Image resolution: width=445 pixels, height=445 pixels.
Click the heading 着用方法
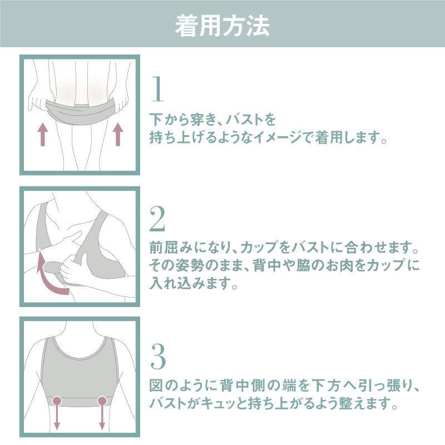(x=222, y=26)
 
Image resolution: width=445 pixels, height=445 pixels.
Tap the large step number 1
(x=158, y=88)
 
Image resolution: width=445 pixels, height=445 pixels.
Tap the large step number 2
(x=157, y=218)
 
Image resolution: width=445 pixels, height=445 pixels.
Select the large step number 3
(x=158, y=356)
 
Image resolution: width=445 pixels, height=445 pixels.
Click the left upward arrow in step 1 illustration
(x=43, y=134)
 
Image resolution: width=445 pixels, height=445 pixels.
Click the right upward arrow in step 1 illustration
(x=118, y=134)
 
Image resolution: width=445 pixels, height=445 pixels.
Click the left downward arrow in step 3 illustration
(x=57, y=418)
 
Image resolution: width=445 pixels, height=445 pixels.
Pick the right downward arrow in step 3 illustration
(x=102, y=418)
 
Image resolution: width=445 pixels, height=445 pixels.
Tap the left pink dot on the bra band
(x=57, y=400)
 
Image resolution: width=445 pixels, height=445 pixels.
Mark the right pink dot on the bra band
(x=102, y=400)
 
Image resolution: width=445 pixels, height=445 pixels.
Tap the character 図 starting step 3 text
(x=156, y=385)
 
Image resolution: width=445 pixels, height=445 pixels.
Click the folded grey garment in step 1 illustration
(x=82, y=111)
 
